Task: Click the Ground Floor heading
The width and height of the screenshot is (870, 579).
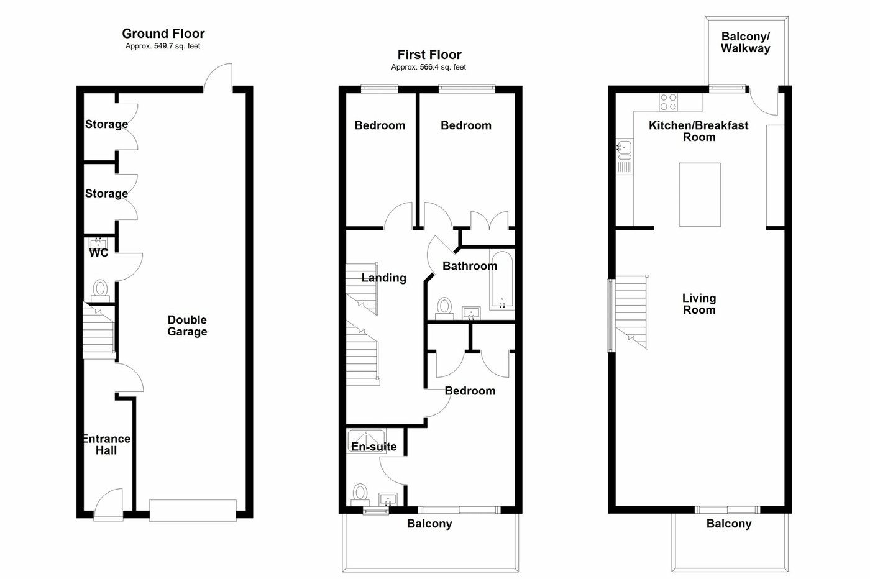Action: [163, 34]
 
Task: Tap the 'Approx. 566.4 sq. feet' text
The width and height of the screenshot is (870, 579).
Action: [428, 67]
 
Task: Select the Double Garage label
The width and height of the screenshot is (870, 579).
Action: [187, 326]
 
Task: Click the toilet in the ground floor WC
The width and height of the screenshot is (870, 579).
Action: [100, 289]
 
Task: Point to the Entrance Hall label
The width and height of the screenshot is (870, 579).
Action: [106, 444]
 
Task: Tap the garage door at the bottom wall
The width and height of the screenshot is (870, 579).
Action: [193, 510]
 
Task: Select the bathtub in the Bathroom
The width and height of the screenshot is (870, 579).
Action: [500, 281]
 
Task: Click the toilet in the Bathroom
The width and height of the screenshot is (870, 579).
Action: [444, 308]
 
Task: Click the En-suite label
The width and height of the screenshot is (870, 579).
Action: [373, 447]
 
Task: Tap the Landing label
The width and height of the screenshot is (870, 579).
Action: [383, 278]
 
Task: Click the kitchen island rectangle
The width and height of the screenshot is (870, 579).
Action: [700, 194]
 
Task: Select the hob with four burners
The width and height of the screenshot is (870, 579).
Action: [669, 101]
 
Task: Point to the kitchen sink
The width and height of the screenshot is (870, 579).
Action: [624, 149]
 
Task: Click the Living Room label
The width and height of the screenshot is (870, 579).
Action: [699, 304]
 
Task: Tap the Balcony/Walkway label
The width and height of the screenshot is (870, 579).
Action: [745, 42]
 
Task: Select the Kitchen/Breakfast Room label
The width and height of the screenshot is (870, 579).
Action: [698, 131]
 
